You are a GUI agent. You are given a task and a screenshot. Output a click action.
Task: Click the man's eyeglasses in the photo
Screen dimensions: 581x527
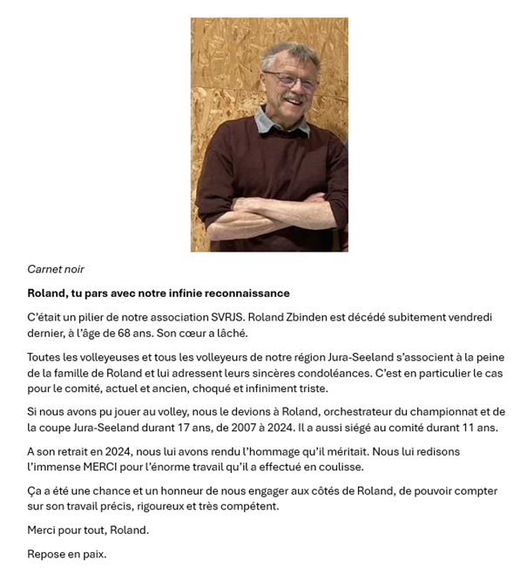click(291, 83)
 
